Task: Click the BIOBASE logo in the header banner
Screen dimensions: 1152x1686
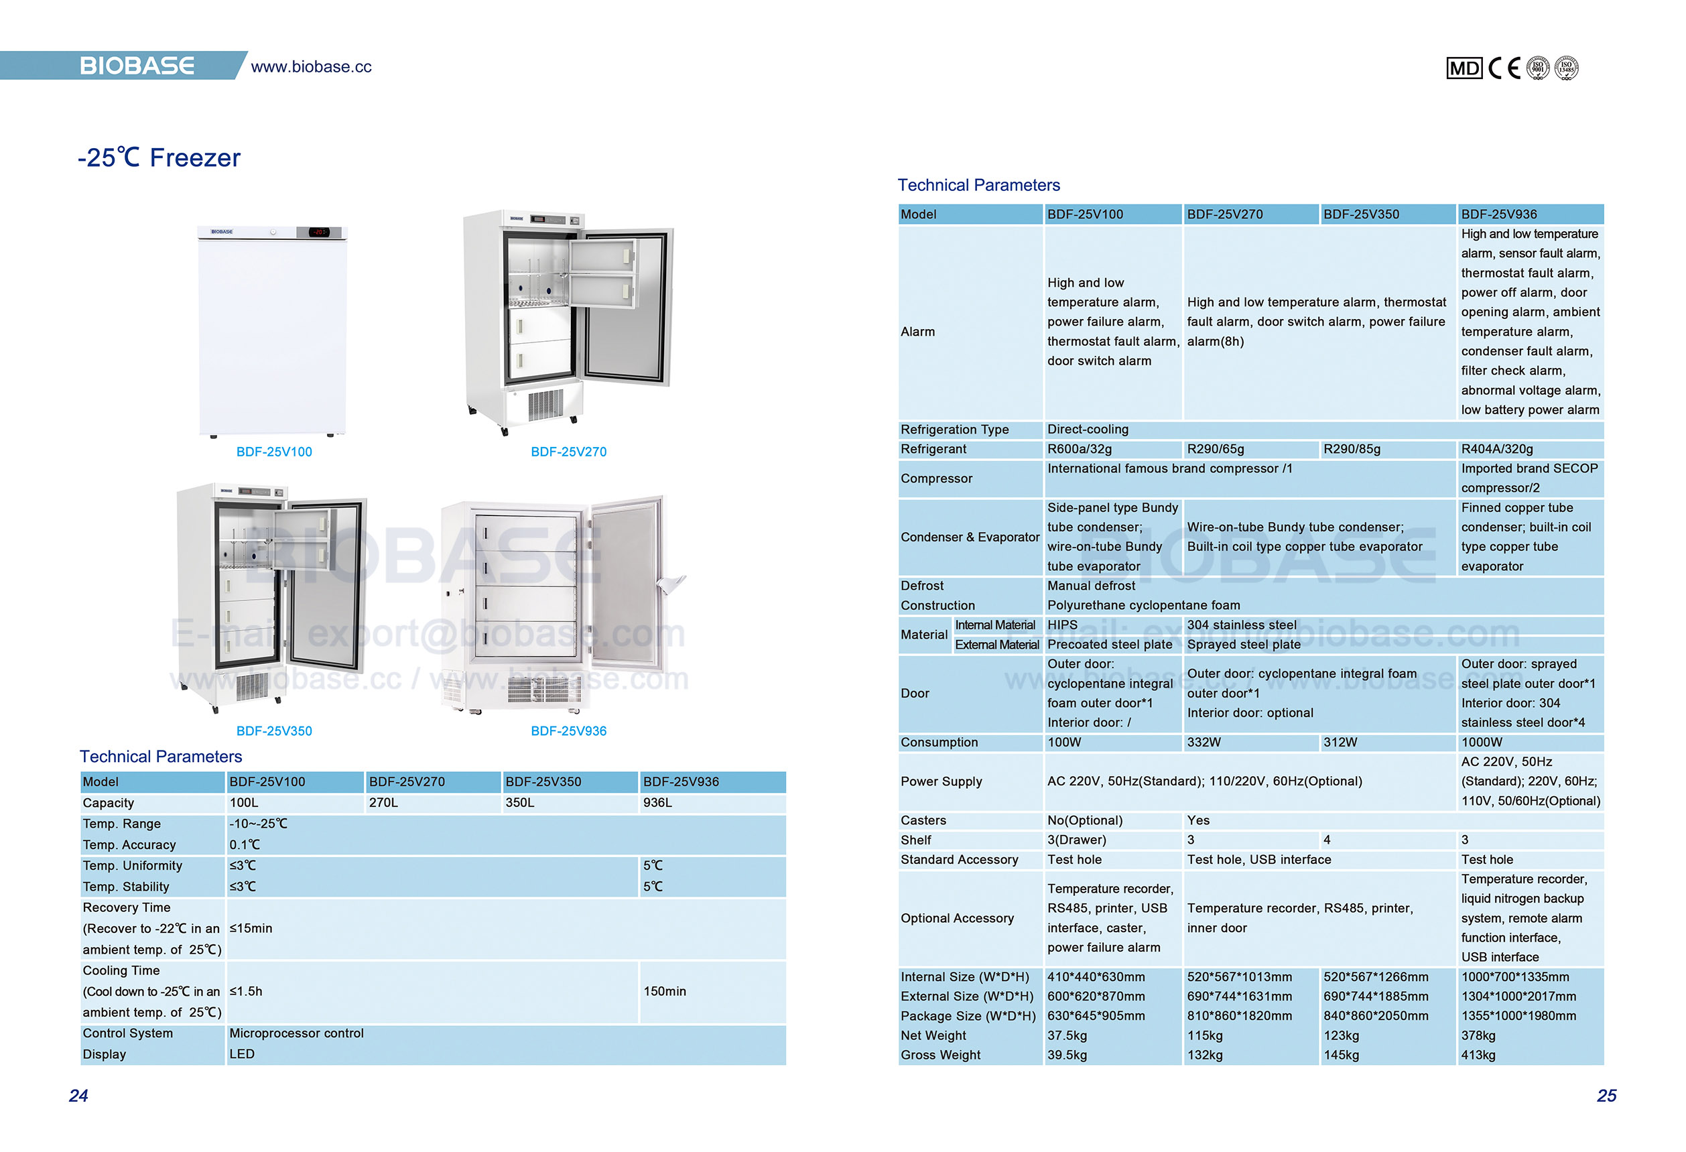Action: pyautogui.click(x=137, y=66)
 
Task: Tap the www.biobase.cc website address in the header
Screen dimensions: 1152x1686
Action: pyautogui.click(x=310, y=67)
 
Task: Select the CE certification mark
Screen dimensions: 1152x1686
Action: pyautogui.click(x=1504, y=68)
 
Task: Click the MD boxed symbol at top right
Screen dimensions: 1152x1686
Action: pyautogui.click(x=1464, y=68)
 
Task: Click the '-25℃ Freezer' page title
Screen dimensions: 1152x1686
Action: pyautogui.click(x=159, y=157)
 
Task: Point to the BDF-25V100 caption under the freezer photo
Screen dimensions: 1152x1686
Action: pyautogui.click(x=273, y=451)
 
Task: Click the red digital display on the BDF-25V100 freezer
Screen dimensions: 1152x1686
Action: pyautogui.click(x=319, y=232)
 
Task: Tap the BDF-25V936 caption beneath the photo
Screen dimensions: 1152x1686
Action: pyautogui.click(x=568, y=730)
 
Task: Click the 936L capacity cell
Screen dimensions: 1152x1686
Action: pyautogui.click(x=657, y=802)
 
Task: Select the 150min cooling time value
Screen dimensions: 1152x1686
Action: pyautogui.click(x=664, y=991)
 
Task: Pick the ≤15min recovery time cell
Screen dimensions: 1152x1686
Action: pyautogui.click(x=251, y=928)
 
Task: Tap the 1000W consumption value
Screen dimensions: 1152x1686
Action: pyautogui.click(x=1482, y=742)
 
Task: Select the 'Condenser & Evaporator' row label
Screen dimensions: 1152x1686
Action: pyautogui.click(x=969, y=537)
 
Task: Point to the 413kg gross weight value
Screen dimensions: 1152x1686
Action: pyautogui.click(x=1478, y=1055)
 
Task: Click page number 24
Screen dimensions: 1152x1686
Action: pyautogui.click(x=78, y=1096)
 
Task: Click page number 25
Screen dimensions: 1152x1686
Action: pyautogui.click(x=1606, y=1096)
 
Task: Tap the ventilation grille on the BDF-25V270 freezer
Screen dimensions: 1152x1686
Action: pyautogui.click(x=545, y=404)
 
